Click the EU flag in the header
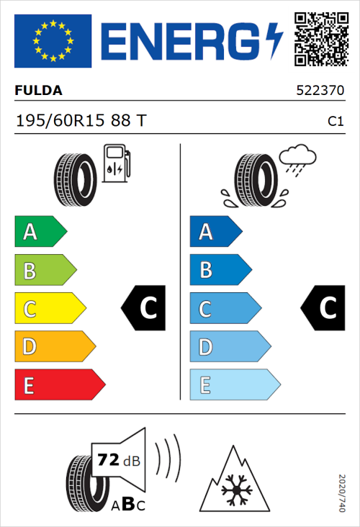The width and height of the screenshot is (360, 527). tap(53, 41)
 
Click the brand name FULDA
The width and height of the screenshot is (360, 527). tap(38, 91)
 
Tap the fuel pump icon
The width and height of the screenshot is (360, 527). tap(116, 163)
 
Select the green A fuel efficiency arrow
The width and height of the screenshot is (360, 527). tap(40, 232)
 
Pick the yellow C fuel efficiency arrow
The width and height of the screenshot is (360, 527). tap(49, 309)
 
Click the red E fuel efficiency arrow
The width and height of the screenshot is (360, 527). tap(59, 385)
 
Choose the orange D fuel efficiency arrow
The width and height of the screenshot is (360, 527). tap(54, 347)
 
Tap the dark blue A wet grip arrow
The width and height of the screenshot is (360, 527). tap(215, 232)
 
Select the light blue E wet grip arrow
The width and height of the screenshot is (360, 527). tap(234, 385)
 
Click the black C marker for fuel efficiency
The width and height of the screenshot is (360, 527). tap(145, 308)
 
